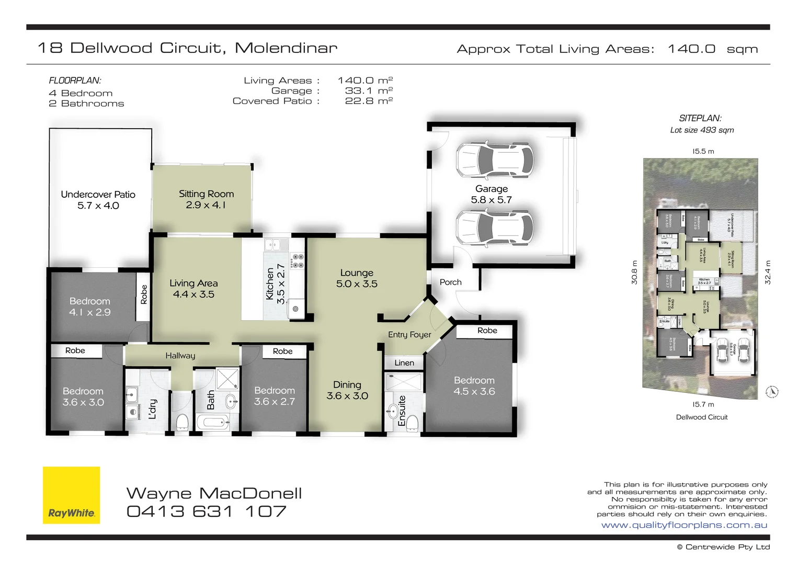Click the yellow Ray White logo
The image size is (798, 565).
[x=71, y=495]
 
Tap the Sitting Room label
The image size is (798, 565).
[x=206, y=199]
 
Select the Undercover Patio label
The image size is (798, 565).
[x=98, y=200]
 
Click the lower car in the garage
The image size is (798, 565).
[x=494, y=228]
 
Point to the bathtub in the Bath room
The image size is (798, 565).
[x=213, y=422]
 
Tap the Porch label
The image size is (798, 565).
[x=450, y=282]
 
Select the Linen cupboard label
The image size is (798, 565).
[x=404, y=363]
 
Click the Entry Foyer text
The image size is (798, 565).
[x=409, y=334]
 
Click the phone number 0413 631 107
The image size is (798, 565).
[x=207, y=511]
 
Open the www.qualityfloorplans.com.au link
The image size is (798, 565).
[x=684, y=525]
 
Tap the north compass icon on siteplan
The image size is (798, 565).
[x=772, y=391]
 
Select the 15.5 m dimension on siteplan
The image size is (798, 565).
[x=703, y=151]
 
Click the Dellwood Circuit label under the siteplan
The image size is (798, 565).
[x=701, y=417]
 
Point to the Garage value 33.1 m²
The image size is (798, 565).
[x=368, y=91]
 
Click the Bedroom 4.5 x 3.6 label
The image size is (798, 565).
[x=474, y=386]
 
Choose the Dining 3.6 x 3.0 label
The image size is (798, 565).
[x=347, y=390]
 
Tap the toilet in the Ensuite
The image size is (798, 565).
[x=413, y=422]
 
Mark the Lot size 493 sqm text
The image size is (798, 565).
[x=702, y=130]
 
